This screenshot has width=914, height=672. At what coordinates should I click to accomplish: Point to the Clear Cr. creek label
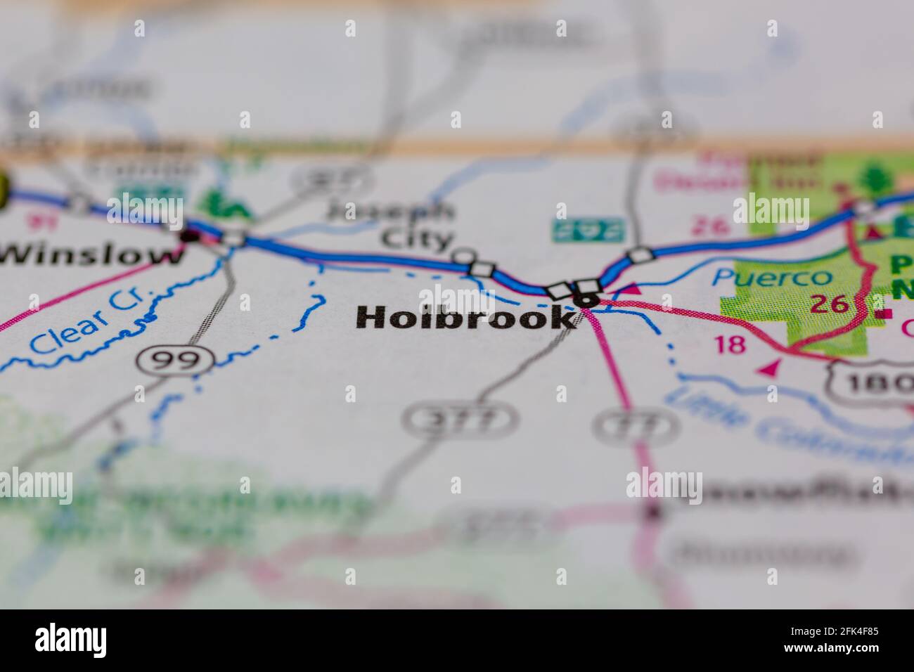(88, 322)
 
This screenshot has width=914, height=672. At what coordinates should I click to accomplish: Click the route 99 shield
(176, 361)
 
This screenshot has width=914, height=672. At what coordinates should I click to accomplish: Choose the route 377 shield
(460, 420)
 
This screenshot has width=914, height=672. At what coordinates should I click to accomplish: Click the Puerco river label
(771, 276)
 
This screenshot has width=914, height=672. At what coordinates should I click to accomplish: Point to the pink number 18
(728, 344)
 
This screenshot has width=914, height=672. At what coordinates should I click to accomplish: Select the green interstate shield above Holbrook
(587, 229)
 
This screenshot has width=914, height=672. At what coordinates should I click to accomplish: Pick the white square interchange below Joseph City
(482, 269)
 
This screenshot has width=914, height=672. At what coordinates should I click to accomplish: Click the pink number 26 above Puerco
(705, 225)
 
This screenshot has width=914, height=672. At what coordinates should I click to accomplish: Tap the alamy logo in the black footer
(71, 640)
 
